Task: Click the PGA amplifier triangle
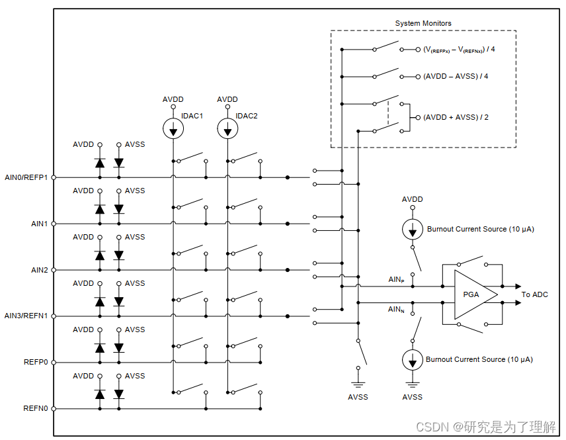[x=473, y=294]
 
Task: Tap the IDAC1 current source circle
[x=173, y=128]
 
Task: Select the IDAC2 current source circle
[x=227, y=128]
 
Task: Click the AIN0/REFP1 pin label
[x=26, y=177]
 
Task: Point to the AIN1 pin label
[x=40, y=224]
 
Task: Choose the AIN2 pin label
[x=40, y=270]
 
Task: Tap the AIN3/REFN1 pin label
[x=26, y=316]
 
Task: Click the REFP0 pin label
[x=36, y=362]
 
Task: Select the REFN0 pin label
[x=36, y=408]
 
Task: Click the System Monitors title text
[x=423, y=23]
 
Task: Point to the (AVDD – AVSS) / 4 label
[x=456, y=76]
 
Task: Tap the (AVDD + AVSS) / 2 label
[x=456, y=117]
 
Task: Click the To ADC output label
[x=535, y=294]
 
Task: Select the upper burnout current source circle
[x=413, y=229]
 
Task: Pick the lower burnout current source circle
[x=413, y=360]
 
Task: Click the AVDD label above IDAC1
[x=173, y=99]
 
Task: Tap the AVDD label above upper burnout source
[x=412, y=199]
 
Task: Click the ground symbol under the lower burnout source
[x=413, y=384]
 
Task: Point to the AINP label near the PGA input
[x=396, y=280]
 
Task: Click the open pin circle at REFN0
[x=54, y=409]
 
